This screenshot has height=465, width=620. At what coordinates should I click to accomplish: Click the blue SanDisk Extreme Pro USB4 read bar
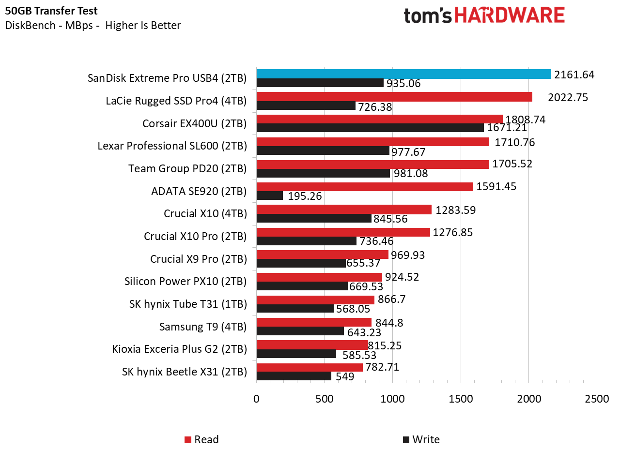click(403, 74)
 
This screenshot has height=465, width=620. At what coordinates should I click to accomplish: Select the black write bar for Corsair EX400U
click(370, 128)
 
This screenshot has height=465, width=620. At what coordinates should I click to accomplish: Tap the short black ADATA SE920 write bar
click(269, 195)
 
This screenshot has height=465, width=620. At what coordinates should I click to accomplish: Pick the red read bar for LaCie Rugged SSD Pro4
click(394, 97)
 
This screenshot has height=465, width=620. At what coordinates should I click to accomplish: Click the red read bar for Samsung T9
click(314, 322)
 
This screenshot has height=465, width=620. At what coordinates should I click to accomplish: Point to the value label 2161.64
click(574, 75)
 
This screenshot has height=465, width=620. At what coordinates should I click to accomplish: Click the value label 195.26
click(305, 196)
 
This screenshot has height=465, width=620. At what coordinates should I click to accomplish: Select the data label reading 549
click(345, 376)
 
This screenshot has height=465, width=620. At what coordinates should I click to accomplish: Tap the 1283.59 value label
click(455, 210)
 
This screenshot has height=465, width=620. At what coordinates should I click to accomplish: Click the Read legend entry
click(202, 439)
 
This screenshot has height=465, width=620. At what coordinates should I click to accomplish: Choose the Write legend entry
click(421, 439)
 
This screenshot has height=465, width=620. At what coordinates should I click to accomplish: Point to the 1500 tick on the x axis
click(461, 399)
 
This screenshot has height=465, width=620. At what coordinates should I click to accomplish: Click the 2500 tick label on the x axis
click(597, 399)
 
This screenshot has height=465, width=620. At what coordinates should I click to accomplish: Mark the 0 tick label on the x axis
click(256, 399)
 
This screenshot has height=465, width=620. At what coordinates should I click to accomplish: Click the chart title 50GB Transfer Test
click(51, 11)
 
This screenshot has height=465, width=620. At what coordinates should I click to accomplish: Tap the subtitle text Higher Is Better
click(143, 25)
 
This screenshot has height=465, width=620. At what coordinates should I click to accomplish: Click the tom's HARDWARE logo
click(484, 15)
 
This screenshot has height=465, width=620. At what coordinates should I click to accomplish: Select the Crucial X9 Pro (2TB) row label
click(198, 259)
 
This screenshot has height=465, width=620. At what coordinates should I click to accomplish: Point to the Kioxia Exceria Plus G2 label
click(179, 349)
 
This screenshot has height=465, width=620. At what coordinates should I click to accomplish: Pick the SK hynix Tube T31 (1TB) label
click(188, 304)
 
